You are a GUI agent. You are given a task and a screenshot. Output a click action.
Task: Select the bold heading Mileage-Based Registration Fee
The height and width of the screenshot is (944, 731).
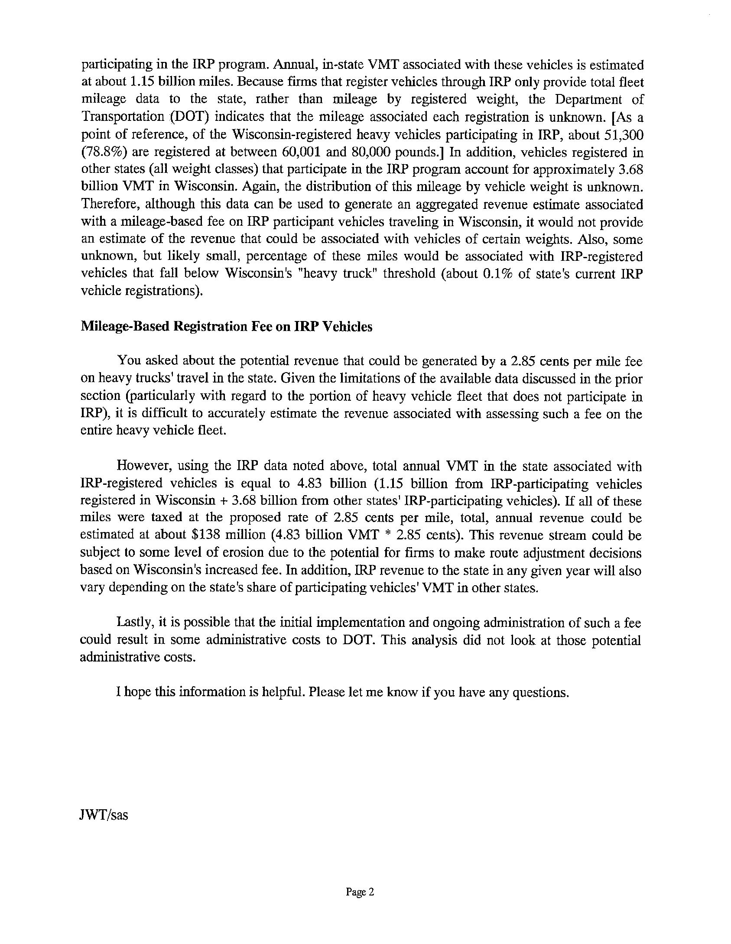click(226, 326)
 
